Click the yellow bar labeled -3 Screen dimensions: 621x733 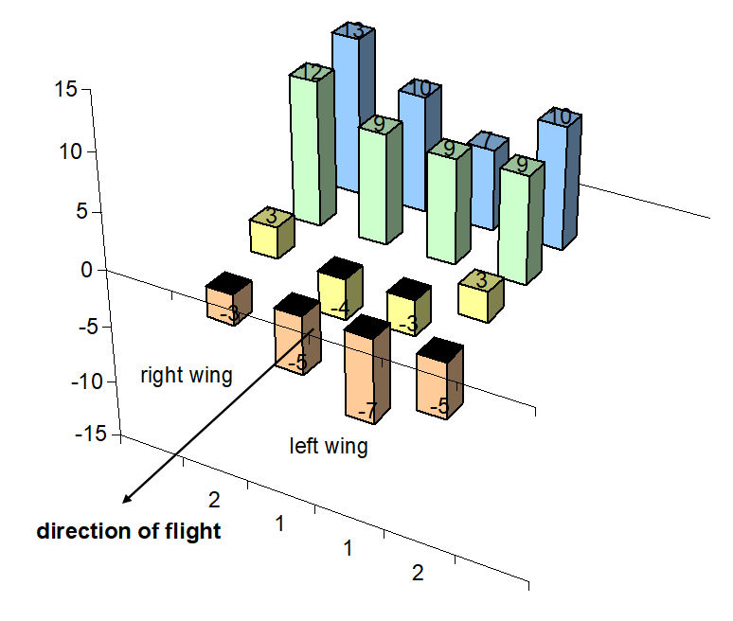click(408, 318)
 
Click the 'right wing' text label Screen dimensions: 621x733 click(186, 375)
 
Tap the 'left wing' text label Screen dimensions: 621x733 click(329, 446)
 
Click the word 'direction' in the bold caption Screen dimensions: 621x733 click(76, 531)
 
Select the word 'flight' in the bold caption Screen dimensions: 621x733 click(195, 531)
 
